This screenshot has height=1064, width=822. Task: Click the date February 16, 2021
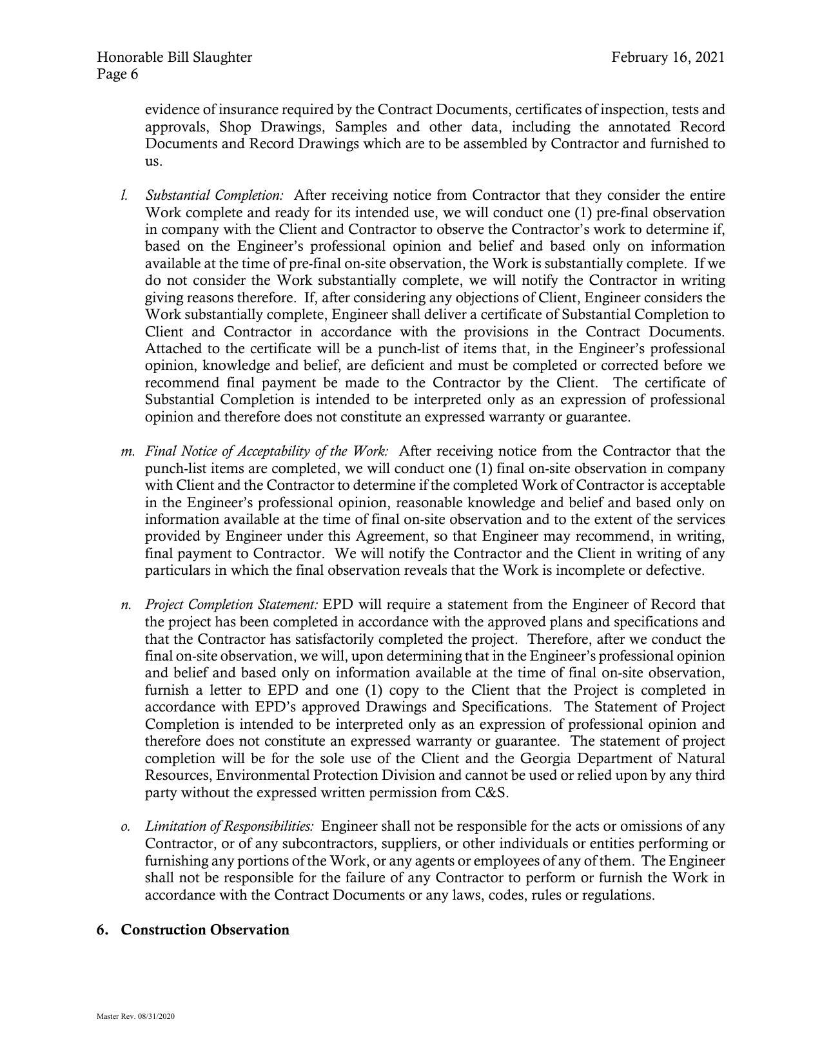click(668, 57)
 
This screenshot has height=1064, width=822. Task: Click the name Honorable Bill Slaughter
click(175, 57)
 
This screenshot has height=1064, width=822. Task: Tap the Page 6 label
click(117, 74)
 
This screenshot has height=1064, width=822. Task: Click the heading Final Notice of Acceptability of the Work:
click(267, 451)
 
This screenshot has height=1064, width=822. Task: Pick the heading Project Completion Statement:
click(231, 605)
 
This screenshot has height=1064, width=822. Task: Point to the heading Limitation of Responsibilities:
click(230, 827)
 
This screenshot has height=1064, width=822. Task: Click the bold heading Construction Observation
click(205, 930)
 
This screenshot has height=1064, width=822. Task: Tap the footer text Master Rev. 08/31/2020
click(136, 1016)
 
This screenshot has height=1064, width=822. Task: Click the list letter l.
click(123, 195)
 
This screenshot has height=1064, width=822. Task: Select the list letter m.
click(127, 451)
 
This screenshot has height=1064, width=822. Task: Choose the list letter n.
click(126, 605)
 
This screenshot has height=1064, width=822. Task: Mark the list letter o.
click(125, 827)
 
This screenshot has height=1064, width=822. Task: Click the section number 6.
click(101, 930)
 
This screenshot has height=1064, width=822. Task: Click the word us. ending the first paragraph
click(153, 161)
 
